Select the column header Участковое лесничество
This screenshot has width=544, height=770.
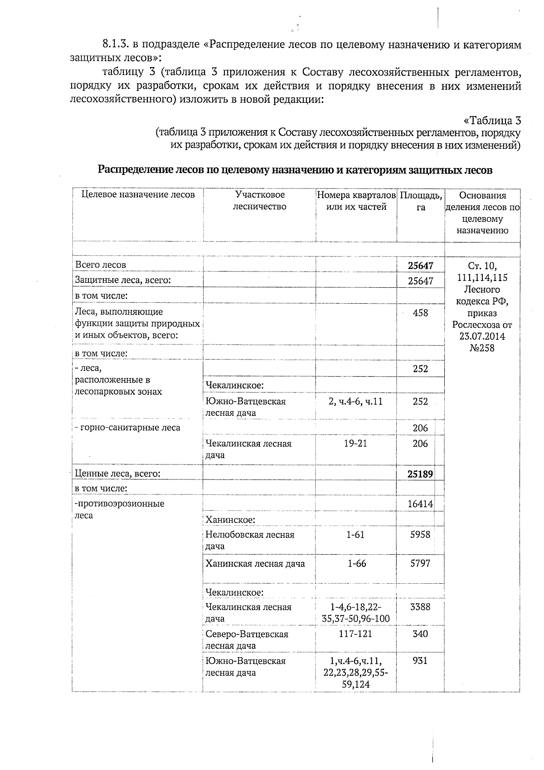(x=259, y=201)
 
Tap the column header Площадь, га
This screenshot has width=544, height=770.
(x=421, y=202)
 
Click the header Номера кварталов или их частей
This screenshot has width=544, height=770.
(x=356, y=201)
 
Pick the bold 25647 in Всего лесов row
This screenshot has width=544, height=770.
(x=421, y=266)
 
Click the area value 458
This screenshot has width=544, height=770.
(x=421, y=313)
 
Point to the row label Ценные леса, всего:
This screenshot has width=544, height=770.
(x=117, y=474)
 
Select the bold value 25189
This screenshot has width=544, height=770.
(x=421, y=474)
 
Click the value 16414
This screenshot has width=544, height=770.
(x=421, y=504)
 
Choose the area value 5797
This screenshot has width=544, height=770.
(x=420, y=563)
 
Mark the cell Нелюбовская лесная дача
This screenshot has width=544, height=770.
(x=250, y=540)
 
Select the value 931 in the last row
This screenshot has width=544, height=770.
(x=420, y=661)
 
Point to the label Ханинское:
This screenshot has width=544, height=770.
(x=230, y=519)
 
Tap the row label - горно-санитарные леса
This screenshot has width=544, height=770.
(x=127, y=427)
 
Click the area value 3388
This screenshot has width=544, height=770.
(x=420, y=607)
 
